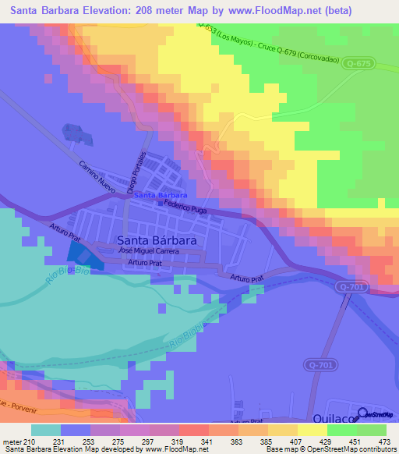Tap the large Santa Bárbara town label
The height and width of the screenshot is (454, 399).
coord(156,240)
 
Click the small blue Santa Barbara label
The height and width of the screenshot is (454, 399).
coord(161,194)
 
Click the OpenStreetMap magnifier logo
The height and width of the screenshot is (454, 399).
coord(363,415)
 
